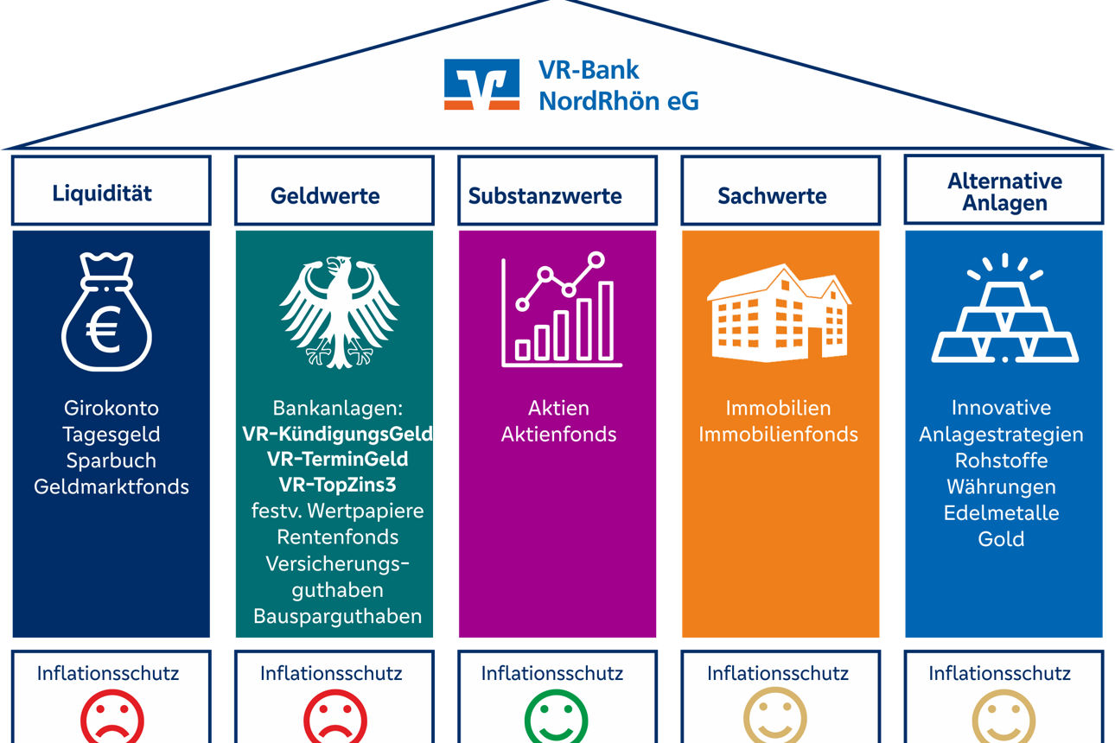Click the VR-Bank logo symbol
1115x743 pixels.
(481, 84)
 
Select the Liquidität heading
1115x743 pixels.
(102, 193)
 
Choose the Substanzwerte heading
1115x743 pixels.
(545, 195)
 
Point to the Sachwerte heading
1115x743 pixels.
(772, 195)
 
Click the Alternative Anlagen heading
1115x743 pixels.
(1004, 192)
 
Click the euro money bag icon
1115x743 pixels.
(106, 311)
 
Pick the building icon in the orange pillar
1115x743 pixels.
(778, 313)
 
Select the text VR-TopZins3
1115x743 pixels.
(337, 484)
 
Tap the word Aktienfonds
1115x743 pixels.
(558, 434)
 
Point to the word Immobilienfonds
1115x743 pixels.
(778, 434)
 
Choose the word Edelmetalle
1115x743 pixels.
(1001, 512)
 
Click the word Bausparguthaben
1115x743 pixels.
(337, 616)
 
